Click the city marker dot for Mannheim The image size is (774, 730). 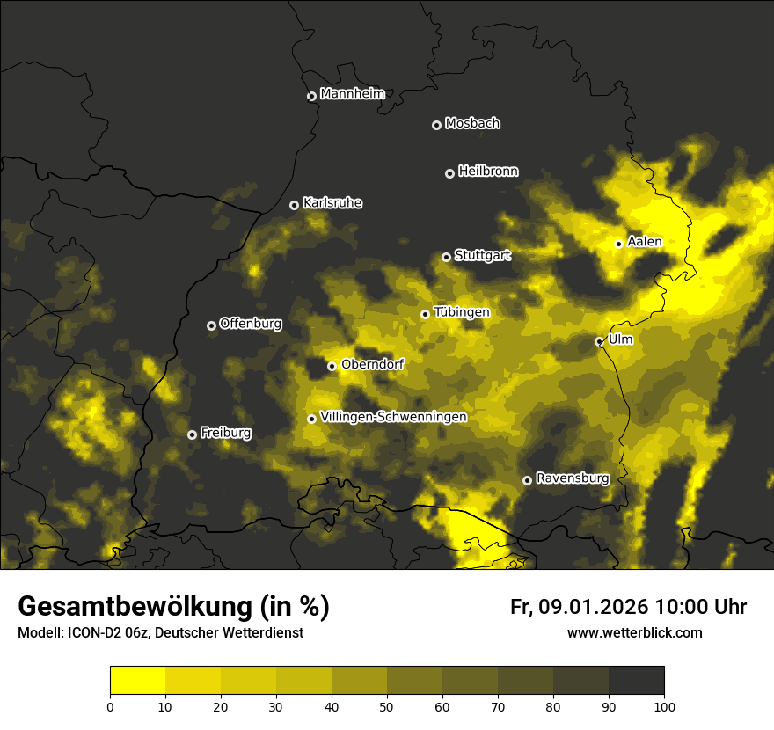[311, 97]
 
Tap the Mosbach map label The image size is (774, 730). [472, 124]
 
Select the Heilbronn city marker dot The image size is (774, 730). [449, 173]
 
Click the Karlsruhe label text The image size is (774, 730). [332, 203]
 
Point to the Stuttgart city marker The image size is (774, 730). [446, 257]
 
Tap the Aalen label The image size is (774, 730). [645, 242]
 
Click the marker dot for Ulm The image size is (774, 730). [599, 341]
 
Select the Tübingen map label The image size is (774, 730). [462, 312]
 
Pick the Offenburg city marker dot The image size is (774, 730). [211, 325]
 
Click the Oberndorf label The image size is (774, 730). [372, 364]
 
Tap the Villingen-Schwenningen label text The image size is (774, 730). [393, 417]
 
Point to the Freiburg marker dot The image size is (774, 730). [192, 434]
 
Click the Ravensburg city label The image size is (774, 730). [573, 478]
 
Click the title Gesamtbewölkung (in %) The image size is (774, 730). [173, 606]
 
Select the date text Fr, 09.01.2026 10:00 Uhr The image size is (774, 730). [628, 607]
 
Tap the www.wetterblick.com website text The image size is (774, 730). [634, 632]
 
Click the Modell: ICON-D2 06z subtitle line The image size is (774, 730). [160, 633]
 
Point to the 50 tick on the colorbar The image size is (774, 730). [387, 705]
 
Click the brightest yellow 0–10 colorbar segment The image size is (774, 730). [137, 681]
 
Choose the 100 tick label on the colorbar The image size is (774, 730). [663, 705]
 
